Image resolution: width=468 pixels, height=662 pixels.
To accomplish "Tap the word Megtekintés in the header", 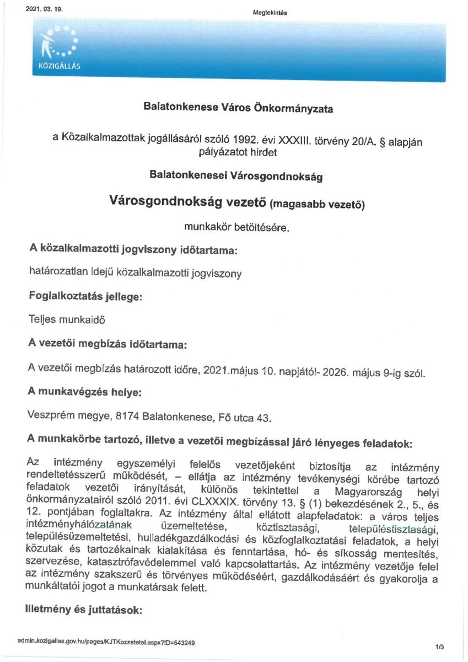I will click(270, 13).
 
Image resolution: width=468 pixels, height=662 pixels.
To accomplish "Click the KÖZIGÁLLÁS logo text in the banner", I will click(57, 65).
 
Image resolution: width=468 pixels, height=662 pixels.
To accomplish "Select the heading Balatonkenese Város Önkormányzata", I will click(238, 108).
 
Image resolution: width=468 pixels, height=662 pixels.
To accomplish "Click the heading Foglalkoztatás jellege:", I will click(85, 296).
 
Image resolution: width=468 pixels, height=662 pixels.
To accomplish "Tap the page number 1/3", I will click(439, 646).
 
